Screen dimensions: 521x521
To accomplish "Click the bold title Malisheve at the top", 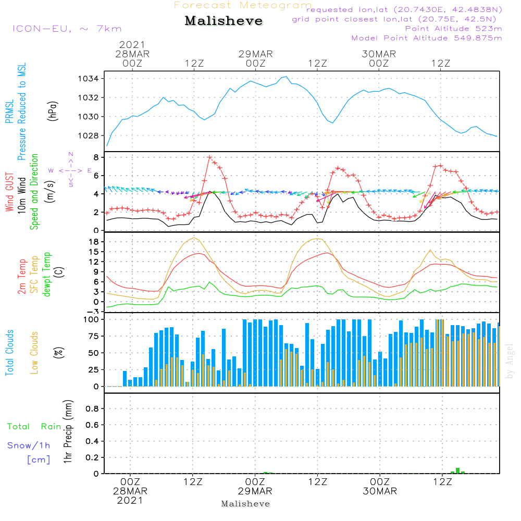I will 224,21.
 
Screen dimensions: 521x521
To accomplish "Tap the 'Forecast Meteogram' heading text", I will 243,6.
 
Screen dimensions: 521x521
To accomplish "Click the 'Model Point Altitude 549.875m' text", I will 427,38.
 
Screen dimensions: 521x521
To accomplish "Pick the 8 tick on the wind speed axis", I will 96,157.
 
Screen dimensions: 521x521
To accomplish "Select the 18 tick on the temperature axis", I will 94,242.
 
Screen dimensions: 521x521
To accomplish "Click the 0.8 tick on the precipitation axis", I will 92,408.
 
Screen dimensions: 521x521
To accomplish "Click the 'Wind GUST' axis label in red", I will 9,192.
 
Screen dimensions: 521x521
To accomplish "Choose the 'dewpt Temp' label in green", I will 47,275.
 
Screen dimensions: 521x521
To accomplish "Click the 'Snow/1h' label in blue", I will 29,446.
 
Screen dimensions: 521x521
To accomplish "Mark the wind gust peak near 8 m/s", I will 209,157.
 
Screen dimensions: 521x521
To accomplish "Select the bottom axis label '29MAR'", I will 255,491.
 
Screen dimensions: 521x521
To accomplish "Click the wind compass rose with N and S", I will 70,170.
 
